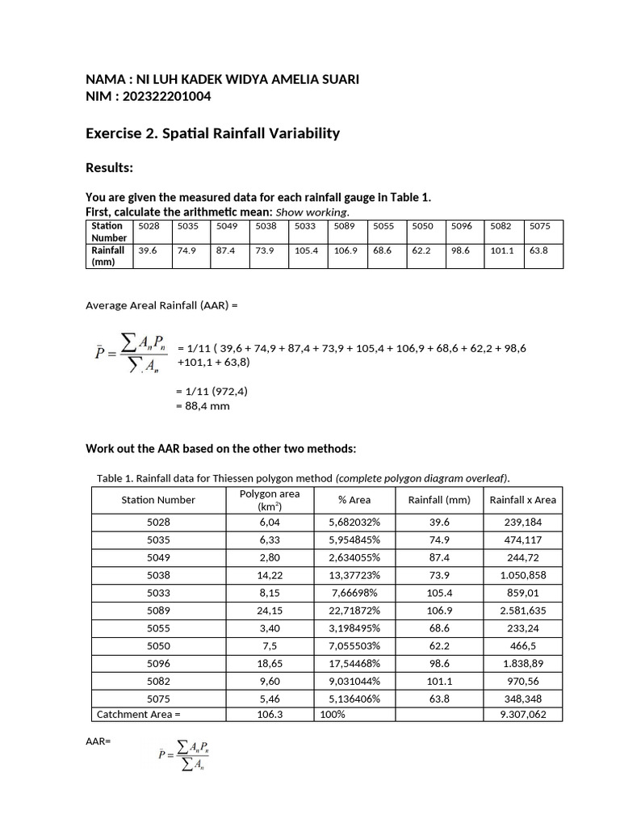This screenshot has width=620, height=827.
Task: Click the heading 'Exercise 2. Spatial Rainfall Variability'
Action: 212,133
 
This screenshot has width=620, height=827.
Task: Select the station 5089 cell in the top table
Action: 345,227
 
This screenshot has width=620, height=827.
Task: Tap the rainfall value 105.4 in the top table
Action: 306,250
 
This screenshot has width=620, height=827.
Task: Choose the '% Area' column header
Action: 354,500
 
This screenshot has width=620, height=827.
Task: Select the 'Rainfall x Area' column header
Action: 522,500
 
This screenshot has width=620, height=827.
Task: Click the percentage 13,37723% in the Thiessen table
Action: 354,574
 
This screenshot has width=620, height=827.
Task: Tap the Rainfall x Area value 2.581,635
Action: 522,610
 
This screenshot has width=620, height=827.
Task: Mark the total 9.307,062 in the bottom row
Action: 522,715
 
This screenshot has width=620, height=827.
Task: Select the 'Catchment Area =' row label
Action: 139,715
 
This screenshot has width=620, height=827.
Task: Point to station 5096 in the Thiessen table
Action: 158,662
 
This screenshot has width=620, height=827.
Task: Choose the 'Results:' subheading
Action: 109,168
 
